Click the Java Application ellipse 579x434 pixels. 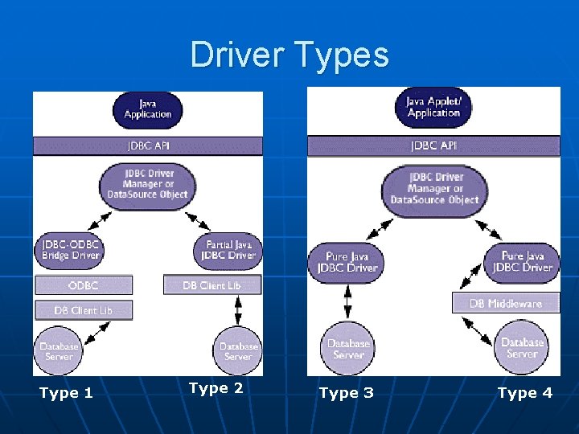point(147,109)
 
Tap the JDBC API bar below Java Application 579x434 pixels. point(148,146)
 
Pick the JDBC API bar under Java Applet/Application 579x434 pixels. point(433,146)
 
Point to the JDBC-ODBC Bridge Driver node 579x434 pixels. point(70,250)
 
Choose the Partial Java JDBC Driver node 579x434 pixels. point(228,250)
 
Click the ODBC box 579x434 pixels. point(84,285)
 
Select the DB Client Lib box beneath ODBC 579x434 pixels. point(84,310)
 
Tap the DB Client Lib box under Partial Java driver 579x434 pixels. point(211,285)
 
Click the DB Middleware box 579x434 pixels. point(505,303)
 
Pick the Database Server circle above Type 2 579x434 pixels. point(238,351)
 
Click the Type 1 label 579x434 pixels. point(66,393)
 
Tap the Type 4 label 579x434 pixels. point(524,393)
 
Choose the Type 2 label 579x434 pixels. point(216,388)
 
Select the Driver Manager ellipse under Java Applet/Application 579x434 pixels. point(433,189)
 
